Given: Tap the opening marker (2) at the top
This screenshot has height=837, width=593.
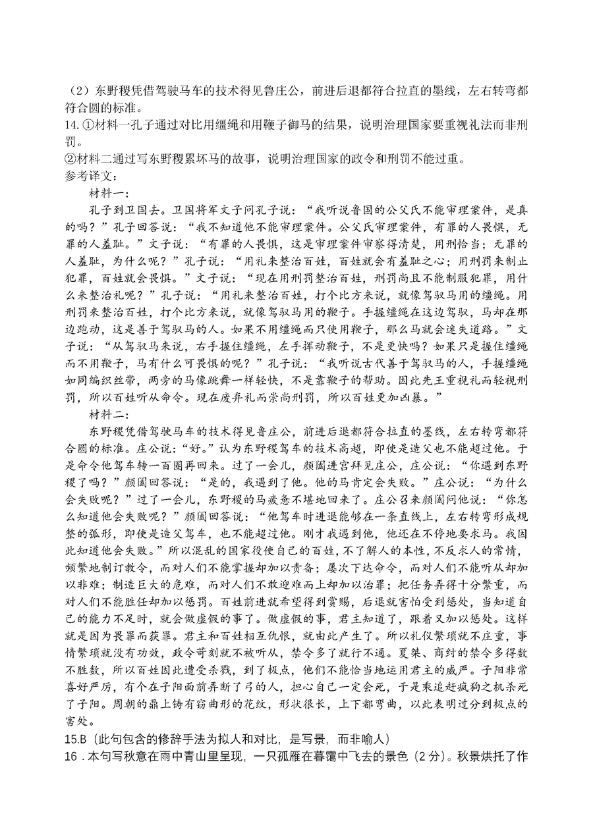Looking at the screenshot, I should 81,91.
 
